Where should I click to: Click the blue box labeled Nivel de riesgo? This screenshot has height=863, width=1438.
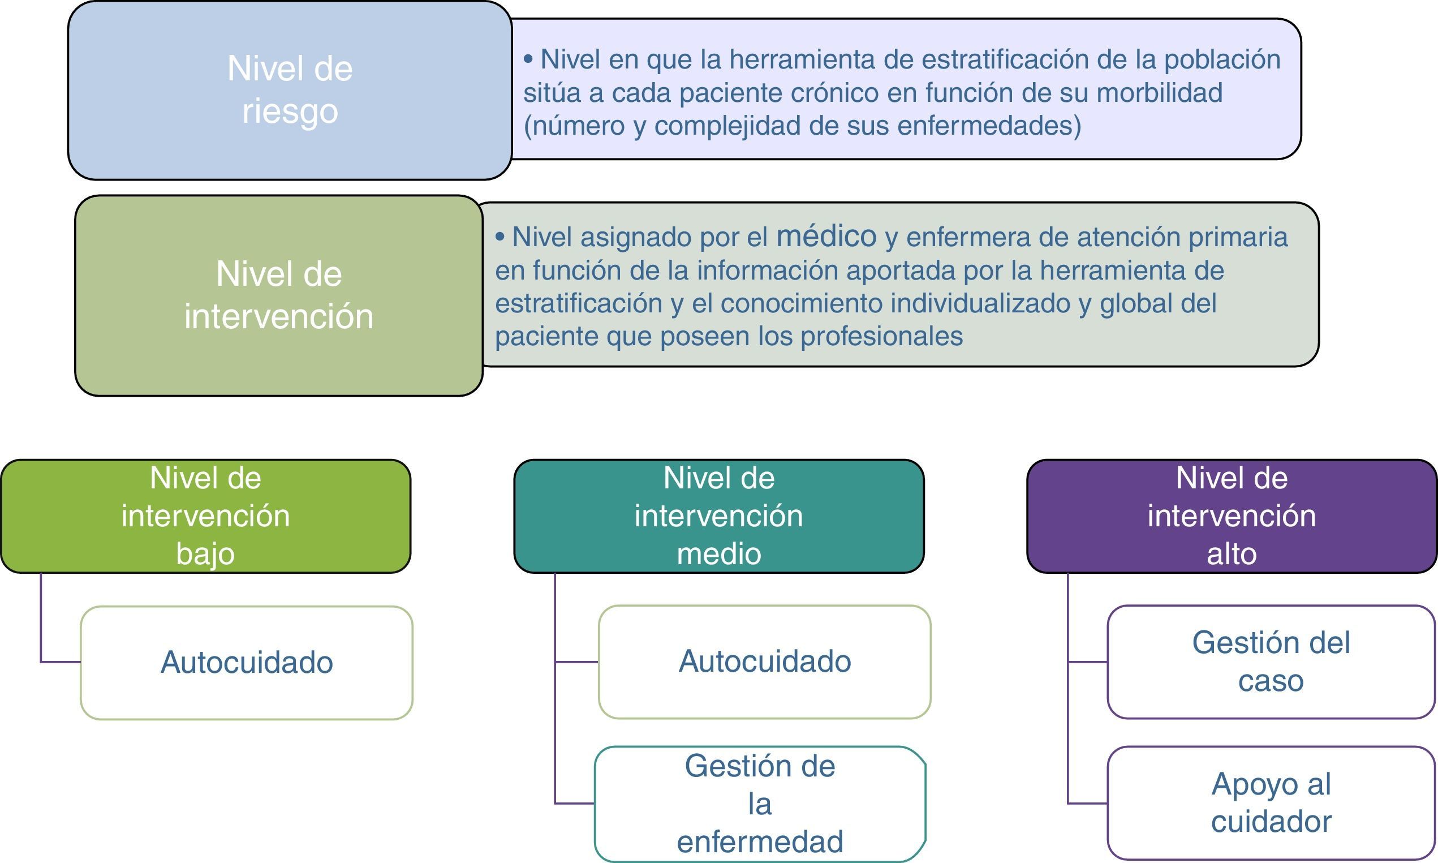(x=290, y=90)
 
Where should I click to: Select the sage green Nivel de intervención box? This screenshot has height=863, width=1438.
(x=278, y=295)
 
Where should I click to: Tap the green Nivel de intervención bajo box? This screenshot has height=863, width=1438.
(x=206, y=516)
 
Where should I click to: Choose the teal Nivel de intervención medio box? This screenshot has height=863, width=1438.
(x=719, y=516)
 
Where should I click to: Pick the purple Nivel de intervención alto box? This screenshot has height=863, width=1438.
(x=1232, y=516)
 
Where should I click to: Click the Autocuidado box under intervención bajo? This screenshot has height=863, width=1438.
(x=247, y=662)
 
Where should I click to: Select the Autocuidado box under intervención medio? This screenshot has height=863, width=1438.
(x=764, y=662)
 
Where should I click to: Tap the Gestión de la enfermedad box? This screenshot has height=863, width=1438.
(x=760, y=804)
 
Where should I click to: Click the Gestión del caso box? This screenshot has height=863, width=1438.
(x=1271, y=662)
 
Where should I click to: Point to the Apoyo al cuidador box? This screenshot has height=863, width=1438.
(x=1271, y=803)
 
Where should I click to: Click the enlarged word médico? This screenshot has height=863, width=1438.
(x=826, y=236)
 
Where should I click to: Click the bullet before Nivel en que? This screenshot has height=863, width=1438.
(x=528, y=59)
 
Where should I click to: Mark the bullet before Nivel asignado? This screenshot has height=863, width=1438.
(x=500, y=237)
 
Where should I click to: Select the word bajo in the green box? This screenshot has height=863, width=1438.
(x=205, y=553)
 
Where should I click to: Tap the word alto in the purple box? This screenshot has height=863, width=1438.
(x=1232, y=553)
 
